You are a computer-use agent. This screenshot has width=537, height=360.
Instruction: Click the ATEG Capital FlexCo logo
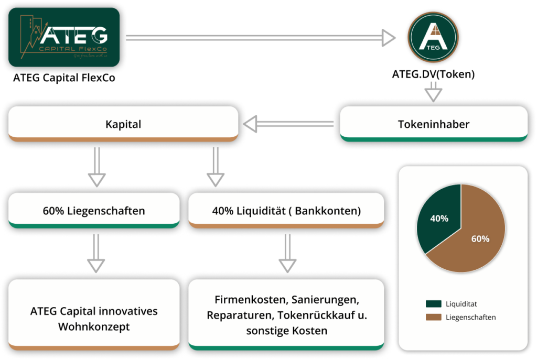[64, 37]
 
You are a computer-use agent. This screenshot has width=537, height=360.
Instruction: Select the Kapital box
[123, 125]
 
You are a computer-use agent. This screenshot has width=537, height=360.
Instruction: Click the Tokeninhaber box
[433, 125]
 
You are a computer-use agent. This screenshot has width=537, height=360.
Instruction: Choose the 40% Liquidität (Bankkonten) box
[286, 211]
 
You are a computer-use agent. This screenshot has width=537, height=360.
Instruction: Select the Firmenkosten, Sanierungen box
[286, 315]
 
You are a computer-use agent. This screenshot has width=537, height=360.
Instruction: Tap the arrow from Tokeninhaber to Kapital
[288, 125]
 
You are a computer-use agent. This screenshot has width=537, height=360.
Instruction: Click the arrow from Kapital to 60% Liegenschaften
[96, 167]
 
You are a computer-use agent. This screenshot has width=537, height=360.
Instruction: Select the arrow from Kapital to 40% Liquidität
[214, 167]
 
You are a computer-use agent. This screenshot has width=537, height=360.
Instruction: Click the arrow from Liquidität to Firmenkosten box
[286, 253]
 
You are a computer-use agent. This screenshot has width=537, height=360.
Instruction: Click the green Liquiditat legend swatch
[433, 303]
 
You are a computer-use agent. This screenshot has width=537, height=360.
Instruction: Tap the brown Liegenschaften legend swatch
[433, 317]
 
